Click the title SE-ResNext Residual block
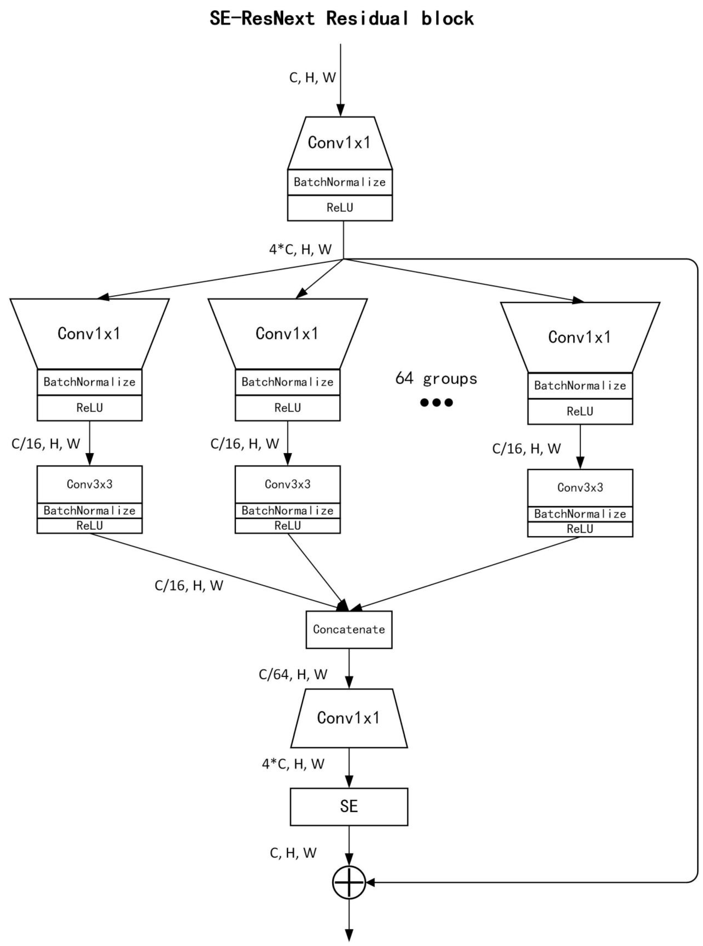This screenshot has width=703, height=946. pos(342,19)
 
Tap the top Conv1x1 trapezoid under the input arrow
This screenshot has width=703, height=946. pos(340,143)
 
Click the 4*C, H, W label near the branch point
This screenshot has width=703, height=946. pos(300,249)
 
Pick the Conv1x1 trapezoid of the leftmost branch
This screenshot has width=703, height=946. pos(89,334)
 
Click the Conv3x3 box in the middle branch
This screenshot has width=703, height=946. pos(288,484)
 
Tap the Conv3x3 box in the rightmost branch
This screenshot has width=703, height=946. pos(580,487)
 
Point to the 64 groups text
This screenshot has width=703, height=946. pos(436,378)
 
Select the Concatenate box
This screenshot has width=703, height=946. pos(349,629)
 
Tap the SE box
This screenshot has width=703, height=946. pos(349,806)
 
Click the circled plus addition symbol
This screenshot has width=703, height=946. pos(349,883)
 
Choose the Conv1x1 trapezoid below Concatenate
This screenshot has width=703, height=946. pos(349,718)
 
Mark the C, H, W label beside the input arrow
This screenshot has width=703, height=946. pos(312,78)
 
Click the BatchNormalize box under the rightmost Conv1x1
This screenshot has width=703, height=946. pos(580,386)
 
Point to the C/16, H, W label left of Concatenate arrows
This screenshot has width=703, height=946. pos(189,586)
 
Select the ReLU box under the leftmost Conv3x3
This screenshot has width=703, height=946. pos(89,526)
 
